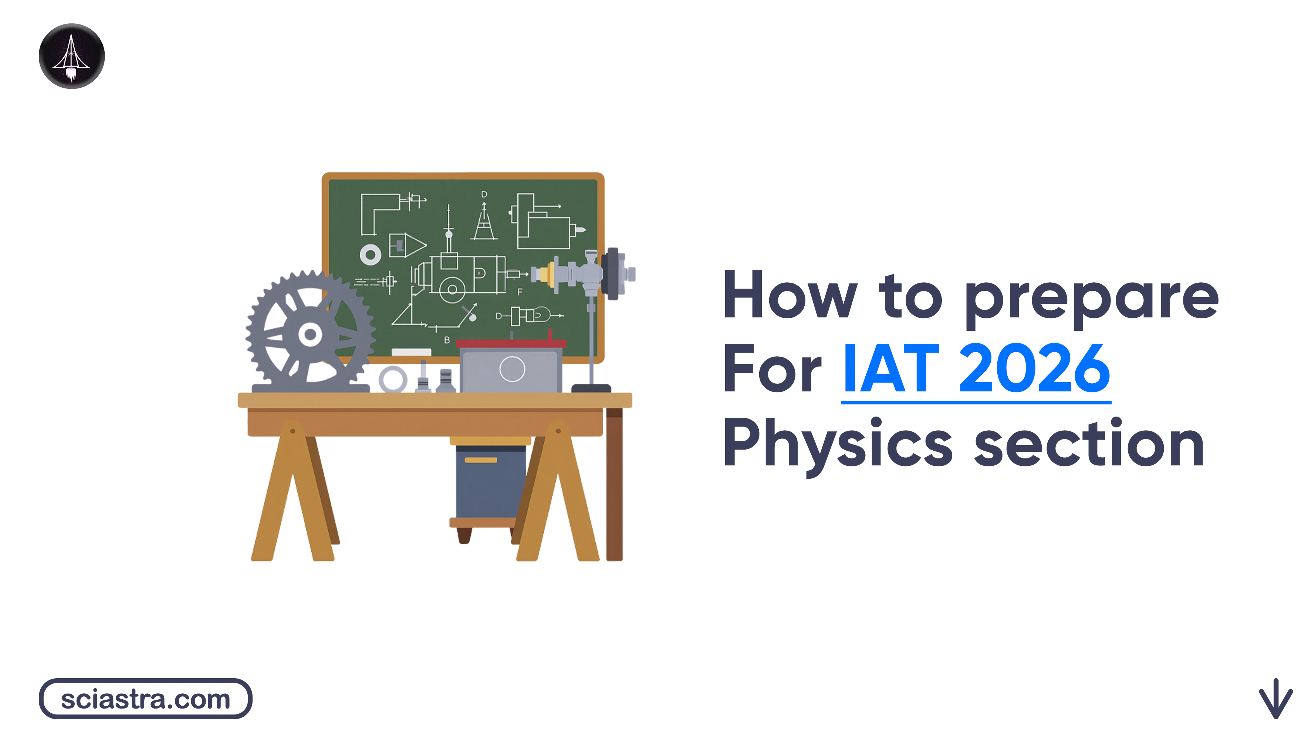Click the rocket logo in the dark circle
pyautogui.click(x=71, y=56)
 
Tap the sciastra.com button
pyautogui.click(x=145, y=699)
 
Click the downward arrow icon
pyautogui.click(x=1275, y=698)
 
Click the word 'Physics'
pyautogui.click(x=837, y=443)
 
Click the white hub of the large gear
pyautogui.click(x=310, y=335)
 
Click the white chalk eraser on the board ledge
pyautogui.click(x=411, y=352)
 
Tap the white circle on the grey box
pyautogui.click(x=512, y=369)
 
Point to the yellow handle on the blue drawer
pyautogui.click(x=480, y=460)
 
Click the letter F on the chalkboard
pyautogui.click(x=520, y=292)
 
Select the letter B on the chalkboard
pyautogui.click(x=447, y=340)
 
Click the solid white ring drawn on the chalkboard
pyautogui.click(x=370, y=254)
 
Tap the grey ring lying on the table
pyautogui.click(x=393, y=380)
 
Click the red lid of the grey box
pyautogui.click(x=510, y=344)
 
